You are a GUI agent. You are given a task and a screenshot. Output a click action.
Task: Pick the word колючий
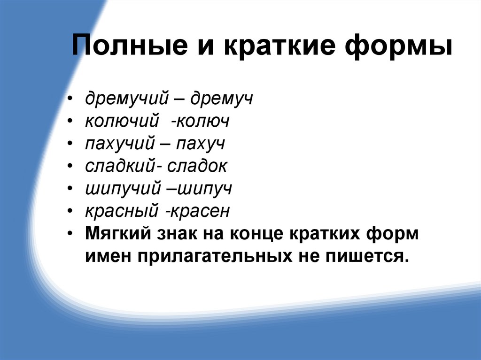coord(120,123)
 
